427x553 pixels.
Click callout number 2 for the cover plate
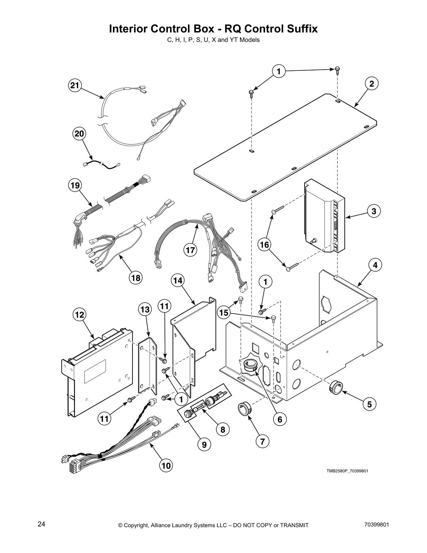372,84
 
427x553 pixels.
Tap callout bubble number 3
374,211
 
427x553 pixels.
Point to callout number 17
190,250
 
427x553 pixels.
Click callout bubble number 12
80,315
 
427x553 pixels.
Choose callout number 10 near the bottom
166,465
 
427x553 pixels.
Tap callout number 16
264,245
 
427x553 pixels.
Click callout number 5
369,404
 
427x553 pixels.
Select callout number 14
178,280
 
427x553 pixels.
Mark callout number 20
80,134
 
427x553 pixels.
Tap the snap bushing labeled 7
244,408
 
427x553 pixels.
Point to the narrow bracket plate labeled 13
147,365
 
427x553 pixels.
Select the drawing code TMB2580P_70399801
347,471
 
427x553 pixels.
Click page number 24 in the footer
41,524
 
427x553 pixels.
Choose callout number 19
75,185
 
